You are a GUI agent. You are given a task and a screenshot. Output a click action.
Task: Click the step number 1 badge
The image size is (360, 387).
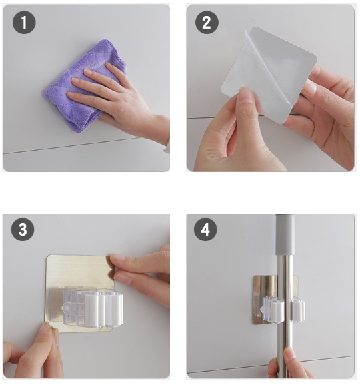[24, 22]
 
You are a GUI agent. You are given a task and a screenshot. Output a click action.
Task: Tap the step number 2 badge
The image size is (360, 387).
[207, 22]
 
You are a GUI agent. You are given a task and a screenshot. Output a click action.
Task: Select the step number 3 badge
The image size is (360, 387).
[23, 230]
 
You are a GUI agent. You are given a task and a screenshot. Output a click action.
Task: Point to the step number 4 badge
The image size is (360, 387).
[205, 230]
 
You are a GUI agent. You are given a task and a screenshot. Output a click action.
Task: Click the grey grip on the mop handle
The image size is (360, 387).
[285, 234]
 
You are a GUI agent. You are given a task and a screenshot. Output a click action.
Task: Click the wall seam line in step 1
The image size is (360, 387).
[74, 146]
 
